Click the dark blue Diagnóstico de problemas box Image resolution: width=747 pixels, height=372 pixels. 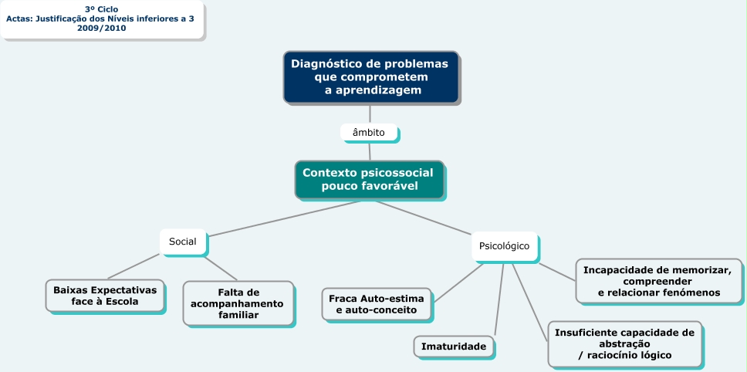(370, 76)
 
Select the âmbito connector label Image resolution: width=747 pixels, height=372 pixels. (369, 133)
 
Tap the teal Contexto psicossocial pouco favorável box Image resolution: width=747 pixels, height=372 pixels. (369, 180)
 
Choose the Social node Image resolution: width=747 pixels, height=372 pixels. (183, 242)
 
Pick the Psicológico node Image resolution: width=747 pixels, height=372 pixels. (504, 246)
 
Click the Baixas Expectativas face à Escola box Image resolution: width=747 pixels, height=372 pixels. (105, 296)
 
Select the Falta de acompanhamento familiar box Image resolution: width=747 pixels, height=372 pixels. (238, 303)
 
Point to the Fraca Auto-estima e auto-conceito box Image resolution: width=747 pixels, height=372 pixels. (377, 303)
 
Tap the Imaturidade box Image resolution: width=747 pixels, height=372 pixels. (453, 347)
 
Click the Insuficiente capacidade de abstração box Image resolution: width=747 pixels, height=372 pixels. (624, 343)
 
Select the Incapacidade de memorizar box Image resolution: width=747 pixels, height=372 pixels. (658, 281)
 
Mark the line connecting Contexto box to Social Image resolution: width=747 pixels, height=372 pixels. (286, 218)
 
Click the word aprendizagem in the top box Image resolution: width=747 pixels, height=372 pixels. (373, 90)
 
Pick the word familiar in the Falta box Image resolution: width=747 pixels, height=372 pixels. (237, 315)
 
